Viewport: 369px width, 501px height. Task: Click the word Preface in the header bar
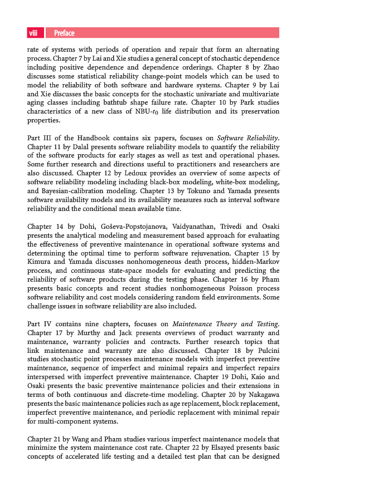pos(64,33)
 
